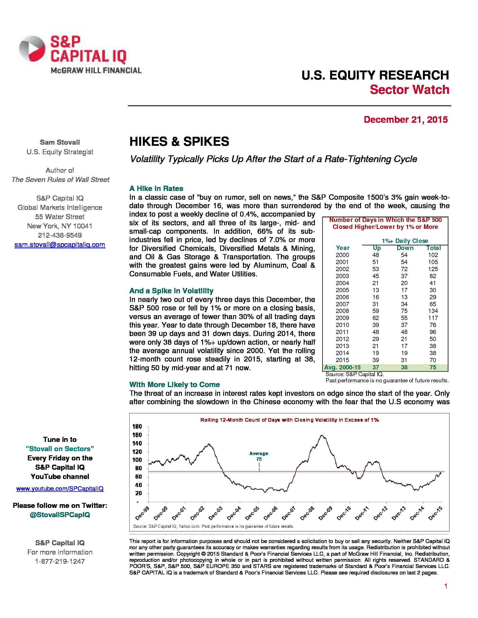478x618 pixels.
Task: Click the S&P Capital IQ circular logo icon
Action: point(32,49)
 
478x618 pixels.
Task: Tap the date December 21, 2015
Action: point(405,120)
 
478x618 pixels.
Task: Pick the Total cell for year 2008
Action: point(433,311)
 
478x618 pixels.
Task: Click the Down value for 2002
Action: point(404,269)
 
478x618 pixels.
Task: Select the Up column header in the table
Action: point(376,248)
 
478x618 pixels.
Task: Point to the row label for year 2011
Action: point(342,332)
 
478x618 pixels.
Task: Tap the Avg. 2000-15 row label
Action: point(342,367)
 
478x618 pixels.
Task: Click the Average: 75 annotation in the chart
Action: point(259,456)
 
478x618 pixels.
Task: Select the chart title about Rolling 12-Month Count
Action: point(289,420)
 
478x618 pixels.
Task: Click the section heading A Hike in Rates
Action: point(156,189)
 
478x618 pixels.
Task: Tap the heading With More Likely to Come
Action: point(174,385)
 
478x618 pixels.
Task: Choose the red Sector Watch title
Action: point(409,90)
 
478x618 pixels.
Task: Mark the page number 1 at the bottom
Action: point(446,586)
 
